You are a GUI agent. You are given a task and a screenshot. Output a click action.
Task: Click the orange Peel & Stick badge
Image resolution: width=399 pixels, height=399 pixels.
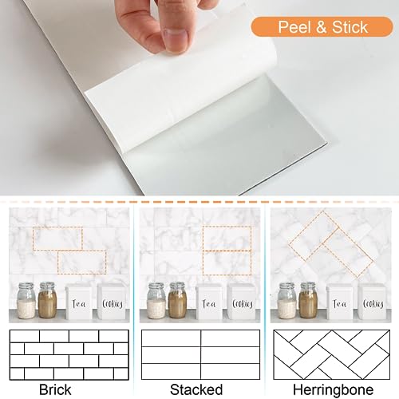(322, 27)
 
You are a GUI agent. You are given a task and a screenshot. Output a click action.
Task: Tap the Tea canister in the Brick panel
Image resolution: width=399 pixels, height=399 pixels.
(79, 302)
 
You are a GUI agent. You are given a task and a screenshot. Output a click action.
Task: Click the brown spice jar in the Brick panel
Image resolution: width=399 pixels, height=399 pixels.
(47, 301)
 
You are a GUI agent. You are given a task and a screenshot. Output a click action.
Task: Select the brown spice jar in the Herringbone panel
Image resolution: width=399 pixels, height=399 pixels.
(308, 301)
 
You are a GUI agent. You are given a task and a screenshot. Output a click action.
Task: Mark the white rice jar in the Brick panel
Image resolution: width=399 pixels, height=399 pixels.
(25, 301)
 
